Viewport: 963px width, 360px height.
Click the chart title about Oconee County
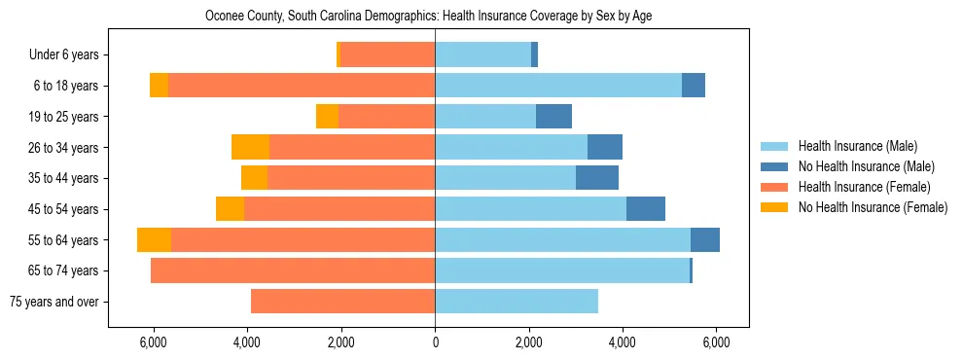(x=435, y=17)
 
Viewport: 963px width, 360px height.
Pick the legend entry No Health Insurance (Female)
(x=873, y=207)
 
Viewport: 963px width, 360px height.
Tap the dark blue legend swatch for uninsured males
(x=774, y=166)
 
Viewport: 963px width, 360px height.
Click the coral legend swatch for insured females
(x=774, y=187)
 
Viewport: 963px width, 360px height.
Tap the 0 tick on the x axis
(x=435, y=342)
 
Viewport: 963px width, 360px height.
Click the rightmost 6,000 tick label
(x=715, y=342)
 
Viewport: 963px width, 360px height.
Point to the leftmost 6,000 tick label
(x=155, y=342)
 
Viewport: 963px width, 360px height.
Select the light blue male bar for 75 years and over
(x=517, y=302)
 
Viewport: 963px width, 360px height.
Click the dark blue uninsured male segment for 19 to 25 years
(x=553, y=117)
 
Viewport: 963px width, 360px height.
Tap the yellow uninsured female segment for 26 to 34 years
(x=250, y=147)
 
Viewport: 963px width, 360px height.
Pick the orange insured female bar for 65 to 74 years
(x=293, y=270)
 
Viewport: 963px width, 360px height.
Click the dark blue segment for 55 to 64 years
(x=704, y=239)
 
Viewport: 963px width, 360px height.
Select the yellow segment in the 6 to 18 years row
(x=159, y=86)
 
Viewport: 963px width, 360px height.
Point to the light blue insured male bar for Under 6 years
(x=482, y=54)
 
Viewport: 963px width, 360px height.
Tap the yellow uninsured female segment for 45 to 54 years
(x=230, y=209)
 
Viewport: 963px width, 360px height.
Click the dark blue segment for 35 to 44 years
(x=596, y=178)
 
